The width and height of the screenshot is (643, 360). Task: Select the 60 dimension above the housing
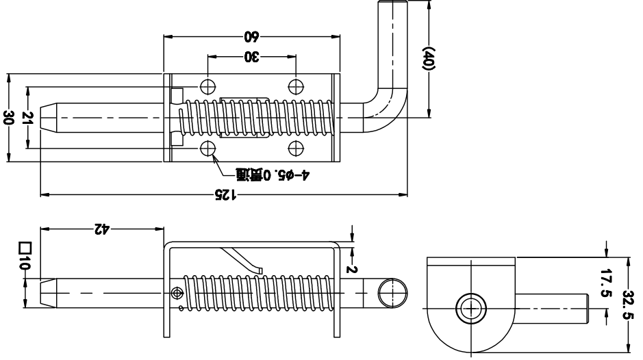tap(252, 36)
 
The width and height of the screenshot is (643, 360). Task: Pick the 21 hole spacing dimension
tap(28, 117)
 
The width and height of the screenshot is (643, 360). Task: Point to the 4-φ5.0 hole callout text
tap(272, 176)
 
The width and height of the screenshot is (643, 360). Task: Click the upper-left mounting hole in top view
tap(208, 86)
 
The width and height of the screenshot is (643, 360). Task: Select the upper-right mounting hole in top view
tap(296, 86)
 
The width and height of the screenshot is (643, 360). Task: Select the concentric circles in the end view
tap(471, 309)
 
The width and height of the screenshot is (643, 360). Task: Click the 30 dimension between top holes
tap(252, 58)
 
